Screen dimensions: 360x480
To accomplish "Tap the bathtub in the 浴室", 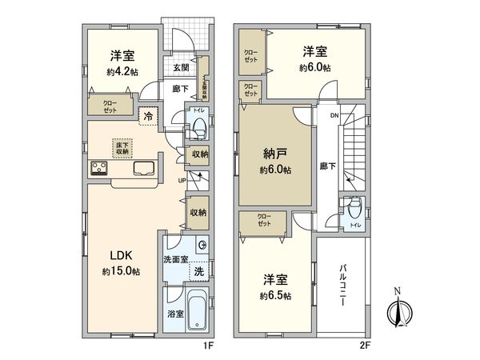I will (x=197, y=313).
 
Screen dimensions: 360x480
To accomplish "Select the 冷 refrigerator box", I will (x=149, y=117).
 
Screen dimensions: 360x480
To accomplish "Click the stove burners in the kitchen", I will (x=100, y=168).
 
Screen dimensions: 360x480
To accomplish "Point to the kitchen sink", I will (x=144, y=168).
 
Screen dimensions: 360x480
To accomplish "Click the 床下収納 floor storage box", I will (x=122, y=148).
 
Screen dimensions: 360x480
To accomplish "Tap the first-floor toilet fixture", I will (x=198, y=126).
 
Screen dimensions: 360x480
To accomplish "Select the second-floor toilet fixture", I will (x=353, y=210).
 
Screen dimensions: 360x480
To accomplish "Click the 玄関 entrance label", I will (x=181, y=68).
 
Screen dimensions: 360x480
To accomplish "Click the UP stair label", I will (x=182, y=181).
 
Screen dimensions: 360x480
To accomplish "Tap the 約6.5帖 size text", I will (x=274, y=296).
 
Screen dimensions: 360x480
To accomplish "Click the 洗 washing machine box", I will (x=198, y=271).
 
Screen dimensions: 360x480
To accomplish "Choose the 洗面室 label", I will (x=176, y=259).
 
